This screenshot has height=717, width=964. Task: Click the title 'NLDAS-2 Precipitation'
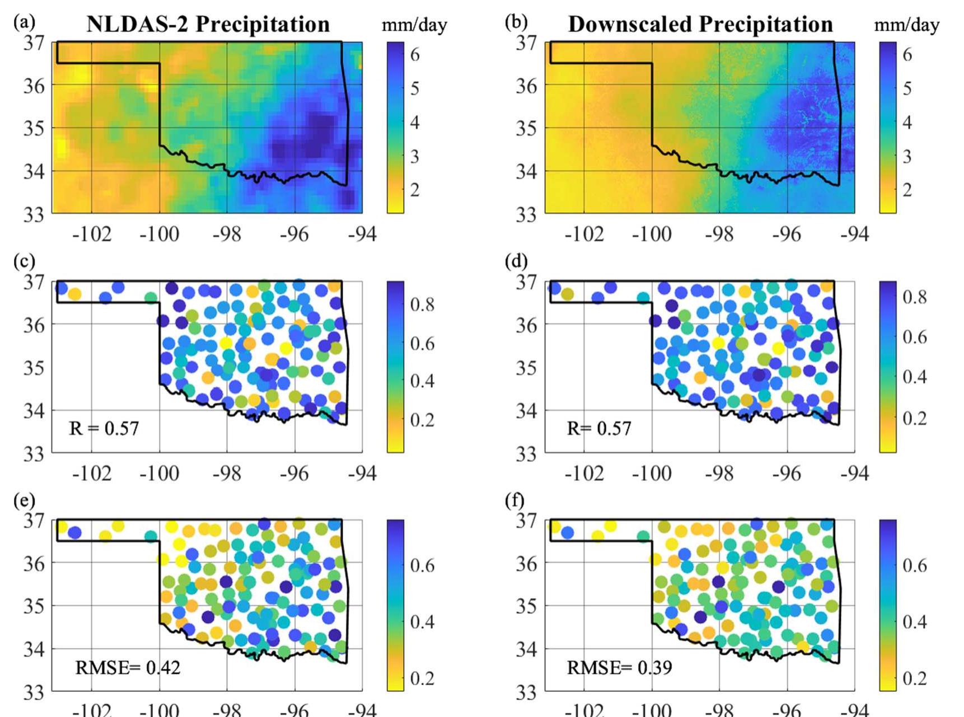tap(208, 24)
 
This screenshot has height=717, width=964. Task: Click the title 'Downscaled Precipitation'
tap(700, 24)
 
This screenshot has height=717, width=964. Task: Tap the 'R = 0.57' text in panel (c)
tap(104, 429)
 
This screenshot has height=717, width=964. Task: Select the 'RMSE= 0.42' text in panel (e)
tap(128, 667)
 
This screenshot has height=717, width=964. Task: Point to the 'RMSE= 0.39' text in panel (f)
tap(619, 667)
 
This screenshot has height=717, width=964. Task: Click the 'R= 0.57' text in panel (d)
tap(598, 429)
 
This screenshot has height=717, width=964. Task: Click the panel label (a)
tap(24, 22)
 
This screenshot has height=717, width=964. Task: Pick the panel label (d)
tap(516, 261)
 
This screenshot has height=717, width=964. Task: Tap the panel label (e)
tap(24, 500)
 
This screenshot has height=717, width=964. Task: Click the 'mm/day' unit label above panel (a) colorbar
tap(414, 25)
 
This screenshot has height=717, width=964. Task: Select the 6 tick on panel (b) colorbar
tap(907, 54)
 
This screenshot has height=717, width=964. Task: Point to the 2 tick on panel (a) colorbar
tap(414, 190)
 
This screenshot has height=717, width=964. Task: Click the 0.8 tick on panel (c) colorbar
tap(422, 304)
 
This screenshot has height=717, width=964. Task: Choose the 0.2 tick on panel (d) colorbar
tap(915, 418)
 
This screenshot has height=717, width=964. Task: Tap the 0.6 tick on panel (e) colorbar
tap(422, 565)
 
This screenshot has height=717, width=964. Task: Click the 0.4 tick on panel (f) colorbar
tap(915, 622)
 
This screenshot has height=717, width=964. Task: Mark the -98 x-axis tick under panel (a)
tap(227, 234)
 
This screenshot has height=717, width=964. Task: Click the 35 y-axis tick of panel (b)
tap(526, 128)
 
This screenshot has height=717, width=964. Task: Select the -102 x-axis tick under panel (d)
tap(584, 474)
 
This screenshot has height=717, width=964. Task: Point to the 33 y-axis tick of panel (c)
tap(34, 454)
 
